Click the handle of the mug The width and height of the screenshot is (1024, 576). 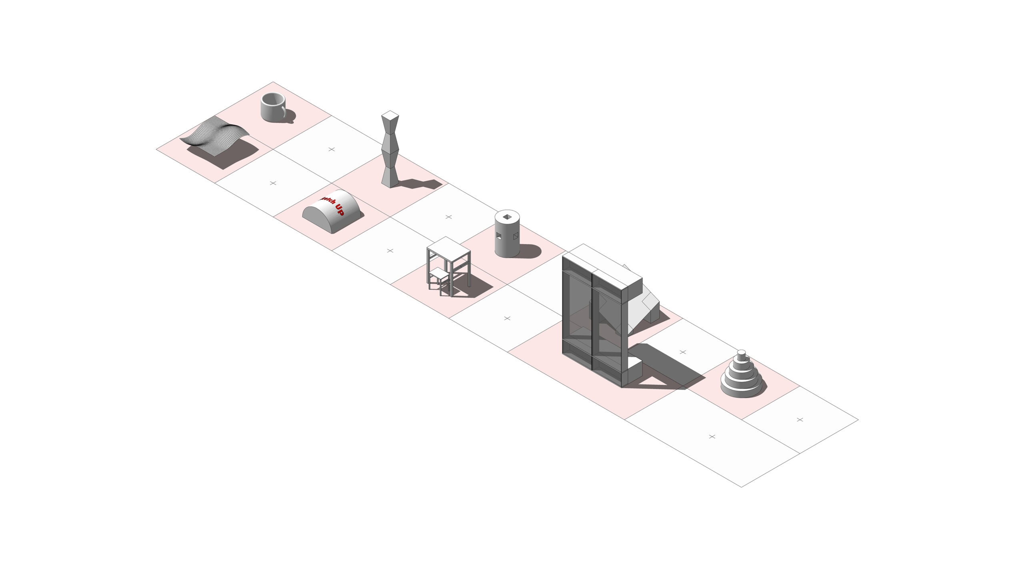(284, 109)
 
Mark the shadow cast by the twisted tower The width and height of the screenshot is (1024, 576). (420, 184)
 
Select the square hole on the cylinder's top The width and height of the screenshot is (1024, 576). (507, 217)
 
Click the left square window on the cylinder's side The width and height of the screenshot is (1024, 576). (498, 236)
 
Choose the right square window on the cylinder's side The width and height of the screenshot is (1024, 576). (516, 236)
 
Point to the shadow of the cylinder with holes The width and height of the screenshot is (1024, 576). (530, 251)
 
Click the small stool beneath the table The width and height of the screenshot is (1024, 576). (439, 276)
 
